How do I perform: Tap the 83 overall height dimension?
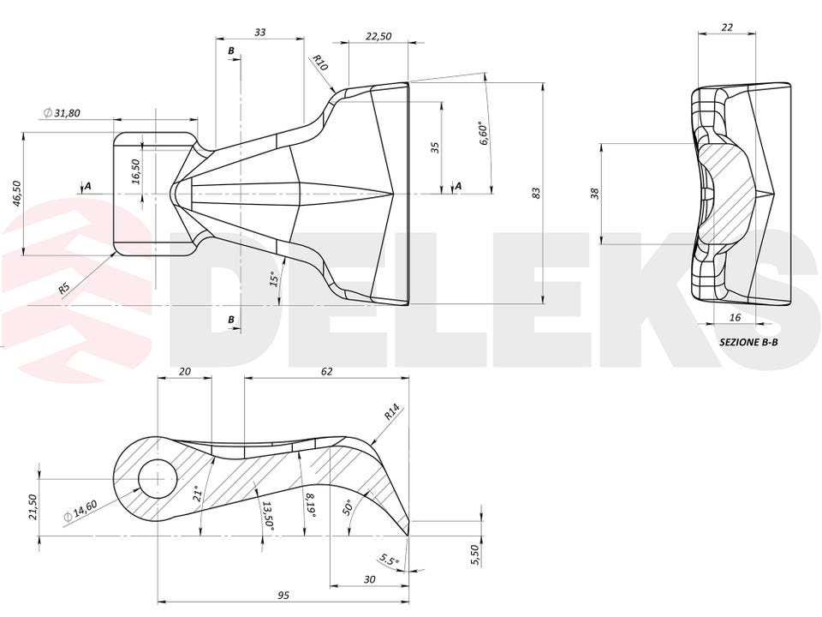click(536, 193)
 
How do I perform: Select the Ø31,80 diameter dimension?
click(62, 112)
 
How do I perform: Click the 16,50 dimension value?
click(135, 171)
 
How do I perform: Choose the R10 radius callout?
click(319, 63)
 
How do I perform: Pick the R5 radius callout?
click(64, 288)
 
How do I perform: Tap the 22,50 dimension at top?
click(378, 36)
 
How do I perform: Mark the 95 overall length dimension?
click(283, 595)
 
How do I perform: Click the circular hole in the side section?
click(158, 480)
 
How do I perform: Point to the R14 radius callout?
click(392, 412)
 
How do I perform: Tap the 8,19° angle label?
click(310, 506)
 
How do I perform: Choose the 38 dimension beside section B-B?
click(594, 194)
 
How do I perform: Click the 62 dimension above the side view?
click(326, 371)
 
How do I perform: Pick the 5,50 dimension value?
click(475, 554)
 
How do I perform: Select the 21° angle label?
click(197, 494)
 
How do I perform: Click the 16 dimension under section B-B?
click(735, 317)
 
